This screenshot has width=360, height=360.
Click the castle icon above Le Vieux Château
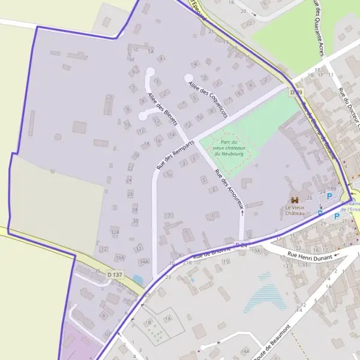pyautogui.click(x=295, y=200)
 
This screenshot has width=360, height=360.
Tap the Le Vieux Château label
pyautogui.click(x=295, y=210)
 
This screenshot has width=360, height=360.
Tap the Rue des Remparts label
pyautogui.click(x=175, y=155)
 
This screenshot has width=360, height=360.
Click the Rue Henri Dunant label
pyautogui.click(x=310, y=255)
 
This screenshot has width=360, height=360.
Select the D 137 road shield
pyautogui.click(x=116, y=274)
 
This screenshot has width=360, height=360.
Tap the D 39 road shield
pyautogui.click(x=295, y=92)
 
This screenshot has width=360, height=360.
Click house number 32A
pyautogui.click(x=115, y=232)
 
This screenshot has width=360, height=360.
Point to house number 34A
pyautogui.click(x=143, y=262)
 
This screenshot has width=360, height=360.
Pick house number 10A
pyautogui.click(x=120, y=257)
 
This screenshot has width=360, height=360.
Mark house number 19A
pyautogui.click(x=256, y=251)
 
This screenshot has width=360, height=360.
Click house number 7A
pyautogui.click(x=168, y=319)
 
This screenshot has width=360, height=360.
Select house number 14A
pyautogui.click(x=244, y=350)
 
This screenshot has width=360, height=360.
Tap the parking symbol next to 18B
pyautogui.click(x=329, y=196)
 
